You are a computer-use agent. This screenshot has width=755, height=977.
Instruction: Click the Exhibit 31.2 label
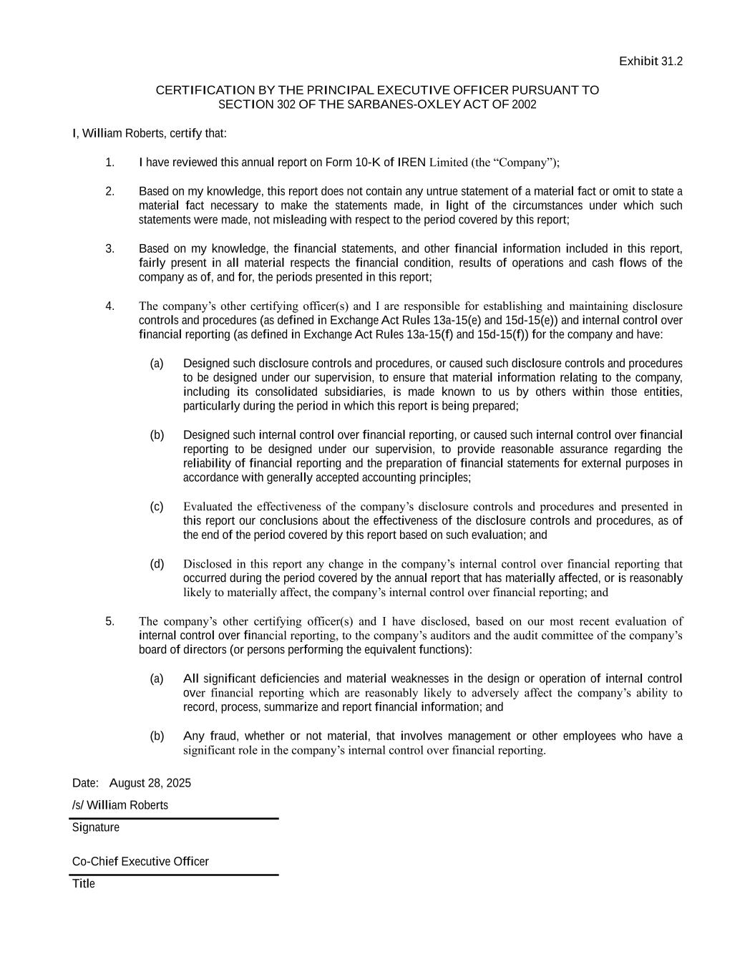coord(651,62)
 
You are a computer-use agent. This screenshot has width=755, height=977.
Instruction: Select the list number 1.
coord(109,162)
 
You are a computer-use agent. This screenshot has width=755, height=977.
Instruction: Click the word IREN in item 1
coord(411,162)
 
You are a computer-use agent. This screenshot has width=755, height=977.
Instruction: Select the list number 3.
coord(109,249)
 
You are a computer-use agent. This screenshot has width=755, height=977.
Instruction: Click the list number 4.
coord(109,306)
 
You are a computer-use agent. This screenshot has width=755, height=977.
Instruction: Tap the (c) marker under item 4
coord(157,507)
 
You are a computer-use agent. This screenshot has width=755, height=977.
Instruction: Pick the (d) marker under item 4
coord(157,564)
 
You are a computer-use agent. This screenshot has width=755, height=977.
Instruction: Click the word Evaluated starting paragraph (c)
coord(208,507)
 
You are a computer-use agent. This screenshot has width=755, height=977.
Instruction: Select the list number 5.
coord(109,621)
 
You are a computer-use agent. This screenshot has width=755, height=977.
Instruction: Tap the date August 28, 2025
coord(150,783)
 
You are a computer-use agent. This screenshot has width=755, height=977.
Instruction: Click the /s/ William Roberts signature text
coord(120,805)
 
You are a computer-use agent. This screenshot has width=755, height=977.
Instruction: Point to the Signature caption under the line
coord(96,827)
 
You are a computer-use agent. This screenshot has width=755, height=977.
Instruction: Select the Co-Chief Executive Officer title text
coord(140,861)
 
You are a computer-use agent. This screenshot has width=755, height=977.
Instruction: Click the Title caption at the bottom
coord(84,883)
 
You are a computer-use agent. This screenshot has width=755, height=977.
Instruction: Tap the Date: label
coord(85,783)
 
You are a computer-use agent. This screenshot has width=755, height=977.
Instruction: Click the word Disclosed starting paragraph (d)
coord(208,564)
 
